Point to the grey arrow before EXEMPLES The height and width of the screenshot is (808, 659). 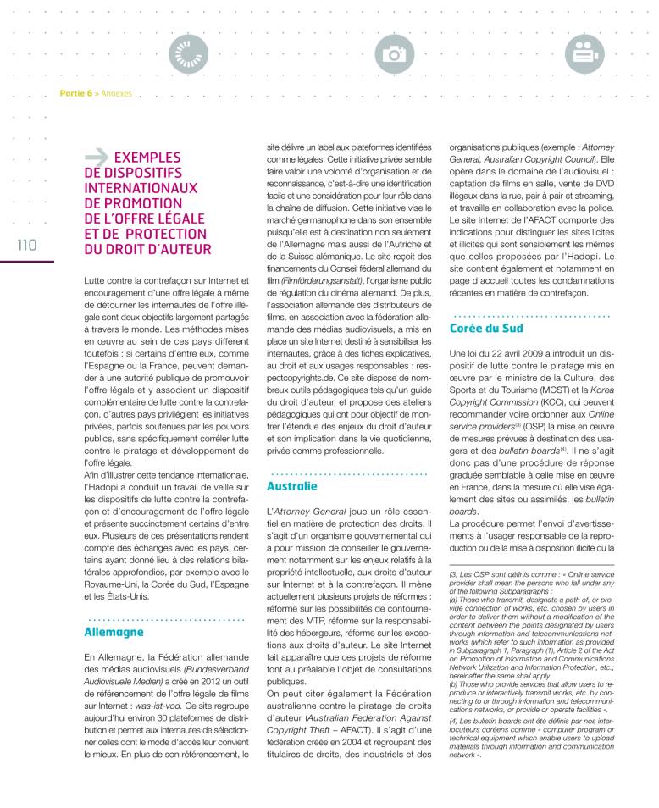click(97, 157)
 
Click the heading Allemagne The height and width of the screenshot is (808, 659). click(114, 632)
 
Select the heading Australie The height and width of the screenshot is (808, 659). click(292, 487)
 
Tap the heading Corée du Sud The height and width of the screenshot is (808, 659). click(485, 328)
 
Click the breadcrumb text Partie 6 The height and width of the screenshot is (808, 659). click(75, 93)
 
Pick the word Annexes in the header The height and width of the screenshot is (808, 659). click(116, 93)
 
